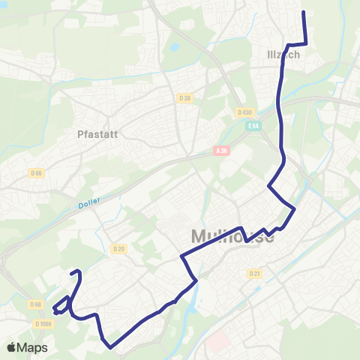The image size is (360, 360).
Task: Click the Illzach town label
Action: click(x=283, y=55)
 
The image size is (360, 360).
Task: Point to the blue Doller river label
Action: click(x=88, y=203)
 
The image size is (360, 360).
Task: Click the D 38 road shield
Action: click(x=185, y=97)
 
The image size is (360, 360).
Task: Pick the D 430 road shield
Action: click(x=244, y=112)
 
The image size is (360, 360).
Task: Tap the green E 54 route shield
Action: click(x=254, y=126)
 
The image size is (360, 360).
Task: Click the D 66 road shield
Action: click(x=35, y=173)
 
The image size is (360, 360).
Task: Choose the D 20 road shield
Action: click(x=118, y=248)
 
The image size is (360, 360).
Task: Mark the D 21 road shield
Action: click(x=253, y=274)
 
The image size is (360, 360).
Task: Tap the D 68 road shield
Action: click(x=35, y=304)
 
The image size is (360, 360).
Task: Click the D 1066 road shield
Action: click(x=43, y=323)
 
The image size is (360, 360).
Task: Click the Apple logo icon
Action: click(x=12, y=347)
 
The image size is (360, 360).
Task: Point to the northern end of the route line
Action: click(x=304, y=13)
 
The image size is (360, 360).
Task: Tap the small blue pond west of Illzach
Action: click(x=174, y=47)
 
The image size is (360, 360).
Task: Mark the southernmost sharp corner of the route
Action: click(x=110, y=347)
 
